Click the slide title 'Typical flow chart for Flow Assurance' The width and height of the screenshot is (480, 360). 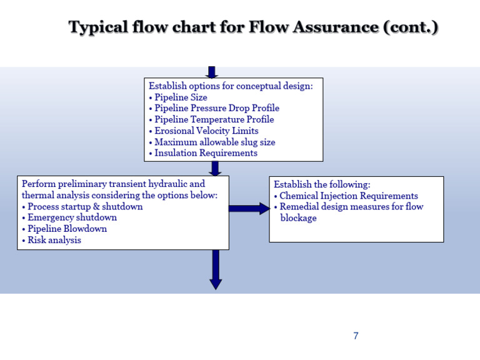click(253, 27)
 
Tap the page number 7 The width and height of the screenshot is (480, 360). click(356, 336)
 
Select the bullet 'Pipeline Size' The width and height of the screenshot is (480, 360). click(181, 97)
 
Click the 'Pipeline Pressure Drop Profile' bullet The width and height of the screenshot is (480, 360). click(216, 109)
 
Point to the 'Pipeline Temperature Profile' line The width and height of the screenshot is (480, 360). click(214, 119)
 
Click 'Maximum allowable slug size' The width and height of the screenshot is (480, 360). click(214, 142)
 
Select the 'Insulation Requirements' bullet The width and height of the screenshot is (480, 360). click(206, 153)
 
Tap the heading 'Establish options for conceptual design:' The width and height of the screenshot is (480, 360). click(231, 86)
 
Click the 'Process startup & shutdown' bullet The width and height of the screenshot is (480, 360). click(85, 207)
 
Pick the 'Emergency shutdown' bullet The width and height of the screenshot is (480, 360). click(72, 217)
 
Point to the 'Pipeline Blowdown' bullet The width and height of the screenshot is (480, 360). click(67, 229)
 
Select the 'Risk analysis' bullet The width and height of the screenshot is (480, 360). click(54, 240)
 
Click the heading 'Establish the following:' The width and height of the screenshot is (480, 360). click(322, 185)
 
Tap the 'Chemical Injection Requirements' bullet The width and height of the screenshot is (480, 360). click(349, 196)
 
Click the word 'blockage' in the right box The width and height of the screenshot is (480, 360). click(298, 218)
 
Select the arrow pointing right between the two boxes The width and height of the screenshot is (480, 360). click(249, 208)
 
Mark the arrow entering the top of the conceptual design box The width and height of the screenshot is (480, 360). click(212, 72)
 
